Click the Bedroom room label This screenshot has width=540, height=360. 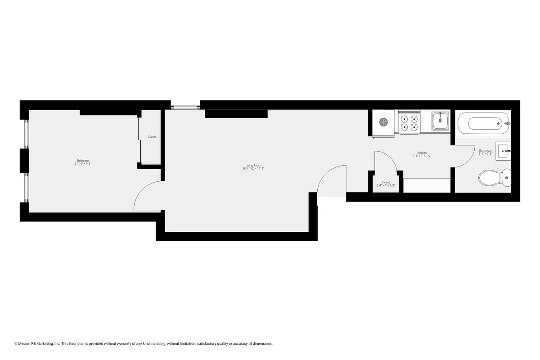(83, 161)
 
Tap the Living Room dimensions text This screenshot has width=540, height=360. (253, 169)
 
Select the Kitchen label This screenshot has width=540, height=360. (422, 153)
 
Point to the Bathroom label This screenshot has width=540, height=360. (485, 150)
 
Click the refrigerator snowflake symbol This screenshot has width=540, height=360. (383, 122)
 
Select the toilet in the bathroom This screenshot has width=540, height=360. (495, 178)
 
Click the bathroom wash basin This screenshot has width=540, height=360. (503, 150)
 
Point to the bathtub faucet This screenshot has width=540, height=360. (507, 123)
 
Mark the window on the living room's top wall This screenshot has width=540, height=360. (185, 106)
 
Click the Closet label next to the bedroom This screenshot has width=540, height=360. (152, 137)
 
